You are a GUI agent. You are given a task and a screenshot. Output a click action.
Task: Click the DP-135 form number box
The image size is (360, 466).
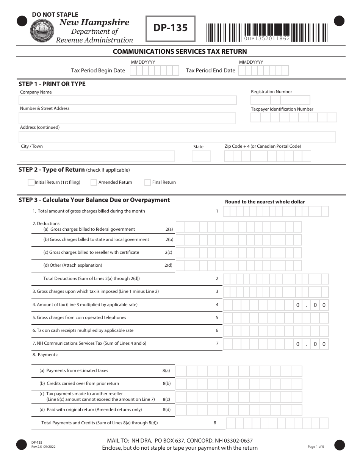tap(171, 28)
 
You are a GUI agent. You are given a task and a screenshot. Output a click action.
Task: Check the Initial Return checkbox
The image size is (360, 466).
tap(31, 183)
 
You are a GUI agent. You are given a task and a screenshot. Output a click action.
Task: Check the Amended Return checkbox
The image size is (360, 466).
tap(94, 183)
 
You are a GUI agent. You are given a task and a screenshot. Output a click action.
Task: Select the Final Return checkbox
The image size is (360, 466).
tap(147, 183)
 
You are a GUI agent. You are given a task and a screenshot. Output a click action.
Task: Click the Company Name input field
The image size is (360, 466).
tap(128, 100)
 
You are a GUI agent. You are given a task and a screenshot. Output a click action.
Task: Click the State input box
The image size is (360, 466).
tap(201, 156)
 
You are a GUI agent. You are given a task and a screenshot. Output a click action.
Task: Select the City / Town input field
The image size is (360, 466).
tap(97, 156)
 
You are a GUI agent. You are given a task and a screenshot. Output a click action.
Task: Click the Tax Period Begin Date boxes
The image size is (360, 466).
tap(154, 71)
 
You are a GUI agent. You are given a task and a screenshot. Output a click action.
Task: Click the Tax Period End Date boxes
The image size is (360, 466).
tap(263, 71)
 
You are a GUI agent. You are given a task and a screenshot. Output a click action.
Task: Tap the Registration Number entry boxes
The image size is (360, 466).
tap(280, 100)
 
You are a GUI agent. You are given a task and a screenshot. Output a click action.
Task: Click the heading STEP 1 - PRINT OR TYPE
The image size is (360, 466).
tap(52, 84)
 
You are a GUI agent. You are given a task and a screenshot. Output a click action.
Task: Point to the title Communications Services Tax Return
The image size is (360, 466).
tap(180, 52)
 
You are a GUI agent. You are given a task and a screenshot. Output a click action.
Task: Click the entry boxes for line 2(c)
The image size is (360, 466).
tap(239, 253)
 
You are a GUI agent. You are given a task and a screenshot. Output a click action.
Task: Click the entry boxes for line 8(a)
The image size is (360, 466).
tap(239, 371)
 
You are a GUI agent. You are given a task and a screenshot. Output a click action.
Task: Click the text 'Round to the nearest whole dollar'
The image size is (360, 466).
tap(265, 202)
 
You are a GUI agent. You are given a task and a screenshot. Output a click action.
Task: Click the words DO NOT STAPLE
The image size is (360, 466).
tap(55, 14)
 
